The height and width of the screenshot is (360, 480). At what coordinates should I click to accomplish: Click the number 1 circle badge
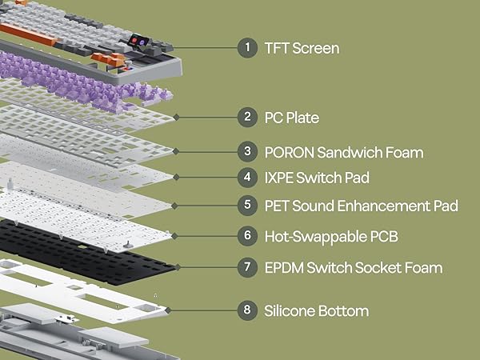tap(247, 48)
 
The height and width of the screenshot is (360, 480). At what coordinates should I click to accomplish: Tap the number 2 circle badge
tap(247, 118)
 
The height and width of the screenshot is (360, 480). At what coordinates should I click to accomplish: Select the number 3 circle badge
tap(247, 151)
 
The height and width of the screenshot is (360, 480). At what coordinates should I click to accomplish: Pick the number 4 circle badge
tap(247, 177)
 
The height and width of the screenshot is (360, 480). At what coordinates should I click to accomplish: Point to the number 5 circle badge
tap(247, 206)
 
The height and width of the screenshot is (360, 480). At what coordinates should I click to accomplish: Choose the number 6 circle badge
tap(247, 236)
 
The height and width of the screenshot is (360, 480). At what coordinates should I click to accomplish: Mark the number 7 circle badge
tap(247, 267)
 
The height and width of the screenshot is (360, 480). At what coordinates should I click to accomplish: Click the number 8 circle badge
tap(247, 310)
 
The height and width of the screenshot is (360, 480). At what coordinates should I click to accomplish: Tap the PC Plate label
tap(292, 118)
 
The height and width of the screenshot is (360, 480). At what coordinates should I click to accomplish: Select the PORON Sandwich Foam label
tap(344, 151)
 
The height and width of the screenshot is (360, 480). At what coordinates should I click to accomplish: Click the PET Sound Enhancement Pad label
tap(361, 206)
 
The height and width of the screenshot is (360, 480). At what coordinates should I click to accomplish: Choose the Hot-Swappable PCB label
tap(331, 236)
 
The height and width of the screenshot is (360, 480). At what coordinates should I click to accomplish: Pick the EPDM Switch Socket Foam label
tap(353, 267)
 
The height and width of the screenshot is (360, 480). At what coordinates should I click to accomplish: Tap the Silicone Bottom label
tap(317, 310)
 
